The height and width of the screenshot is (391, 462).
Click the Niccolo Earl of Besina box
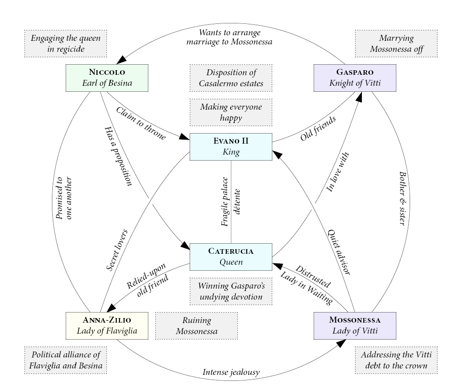[107, 78]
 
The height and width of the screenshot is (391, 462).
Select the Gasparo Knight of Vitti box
[355, 78]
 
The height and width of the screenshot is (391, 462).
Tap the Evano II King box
[231, 147]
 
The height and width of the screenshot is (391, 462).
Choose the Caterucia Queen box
[231, 257]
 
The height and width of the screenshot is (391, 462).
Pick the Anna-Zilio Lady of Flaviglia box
[107, 325]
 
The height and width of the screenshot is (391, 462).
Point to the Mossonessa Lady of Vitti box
[355, 325]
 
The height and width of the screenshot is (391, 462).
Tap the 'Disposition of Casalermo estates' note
[231, 78]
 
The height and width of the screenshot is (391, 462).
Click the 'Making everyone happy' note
[231, 112]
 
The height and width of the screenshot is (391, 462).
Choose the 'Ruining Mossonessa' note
[196, 325]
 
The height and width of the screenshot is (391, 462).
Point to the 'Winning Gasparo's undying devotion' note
[231, 291]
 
